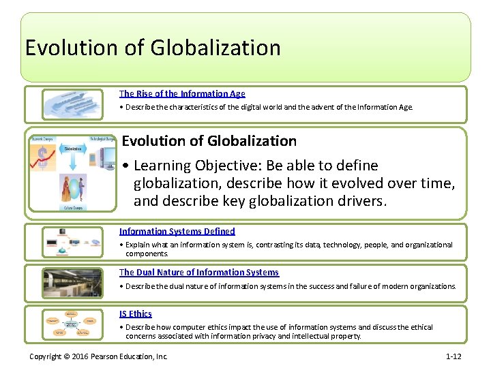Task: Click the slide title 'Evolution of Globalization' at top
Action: pos(153,48)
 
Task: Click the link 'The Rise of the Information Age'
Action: pos(182,94)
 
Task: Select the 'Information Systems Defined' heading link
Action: pos(177,232)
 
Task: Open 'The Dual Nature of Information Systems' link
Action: pos(198,273)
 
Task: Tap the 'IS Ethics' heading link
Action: pos(135,314)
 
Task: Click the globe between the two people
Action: pos(72,187)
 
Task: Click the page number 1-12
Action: pos(454,356)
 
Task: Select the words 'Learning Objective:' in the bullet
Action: pos(192,166)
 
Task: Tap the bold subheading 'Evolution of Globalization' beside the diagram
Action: pos(209,141)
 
